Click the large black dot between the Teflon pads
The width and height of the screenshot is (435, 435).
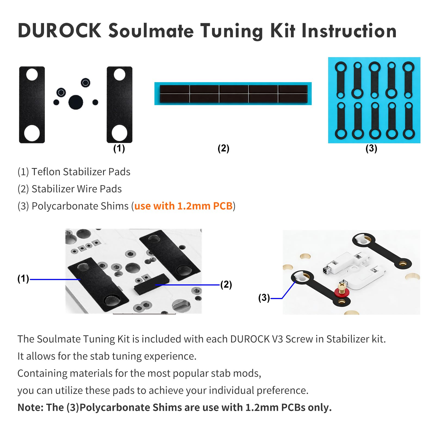coord(76,102)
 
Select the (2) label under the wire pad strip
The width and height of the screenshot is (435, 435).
coord(223,148)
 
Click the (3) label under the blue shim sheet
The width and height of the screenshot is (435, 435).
coord(371,148)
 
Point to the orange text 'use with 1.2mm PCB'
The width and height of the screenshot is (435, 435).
coord(183,206)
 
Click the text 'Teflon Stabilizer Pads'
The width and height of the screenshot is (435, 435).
coord(81,172)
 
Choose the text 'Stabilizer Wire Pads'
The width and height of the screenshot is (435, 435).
coord(76,189)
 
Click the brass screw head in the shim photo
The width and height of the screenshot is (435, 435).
coord(342,285)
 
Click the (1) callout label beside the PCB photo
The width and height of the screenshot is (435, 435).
coord(23,278)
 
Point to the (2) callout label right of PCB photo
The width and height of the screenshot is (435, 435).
coord(226,285)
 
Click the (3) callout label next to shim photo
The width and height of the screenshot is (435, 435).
coord(264,298)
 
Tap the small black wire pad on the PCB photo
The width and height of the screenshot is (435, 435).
coord(151,284)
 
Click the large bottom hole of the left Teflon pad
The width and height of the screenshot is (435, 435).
coord(32,133)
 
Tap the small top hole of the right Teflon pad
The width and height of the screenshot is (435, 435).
coord(119,74)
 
